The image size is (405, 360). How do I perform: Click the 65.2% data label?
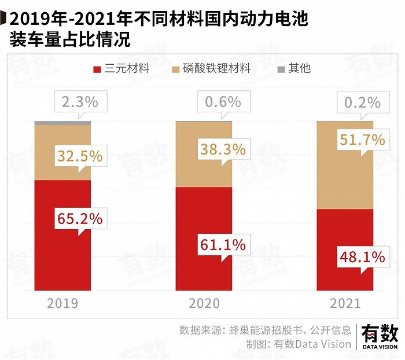point(80,218)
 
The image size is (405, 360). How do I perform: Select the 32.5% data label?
point(80,156)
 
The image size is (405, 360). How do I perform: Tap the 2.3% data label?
point(80,102)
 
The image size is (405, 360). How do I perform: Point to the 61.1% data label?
point(223,245)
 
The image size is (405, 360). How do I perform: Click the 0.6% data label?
point(223,102)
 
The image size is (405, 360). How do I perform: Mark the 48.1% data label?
point(362,256)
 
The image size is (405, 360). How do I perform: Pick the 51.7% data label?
point(362,139)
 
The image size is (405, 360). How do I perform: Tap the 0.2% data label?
point(362,102)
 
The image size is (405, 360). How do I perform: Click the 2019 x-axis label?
point(62,303)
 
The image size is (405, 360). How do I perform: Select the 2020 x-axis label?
point(204,303)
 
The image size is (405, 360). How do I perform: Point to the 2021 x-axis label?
point(345,303)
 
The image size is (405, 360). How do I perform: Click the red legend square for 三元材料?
point(97,69)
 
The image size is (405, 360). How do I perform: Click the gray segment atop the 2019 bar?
point(62,123)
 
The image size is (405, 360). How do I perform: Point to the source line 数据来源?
point(265,330)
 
